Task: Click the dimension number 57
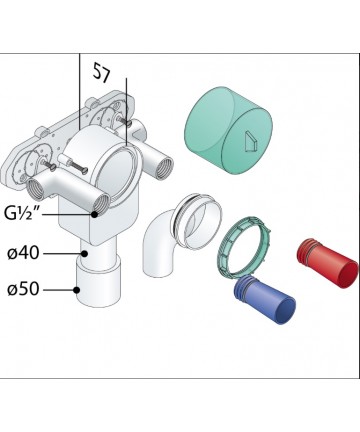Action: pos(101,72)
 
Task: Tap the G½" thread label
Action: pos(23,213)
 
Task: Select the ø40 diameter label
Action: pos(23,253)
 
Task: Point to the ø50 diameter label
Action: pos(23,289)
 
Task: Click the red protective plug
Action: pos(328,263)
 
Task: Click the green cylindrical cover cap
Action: pos(228,131)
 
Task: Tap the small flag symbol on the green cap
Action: pos(249,142)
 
